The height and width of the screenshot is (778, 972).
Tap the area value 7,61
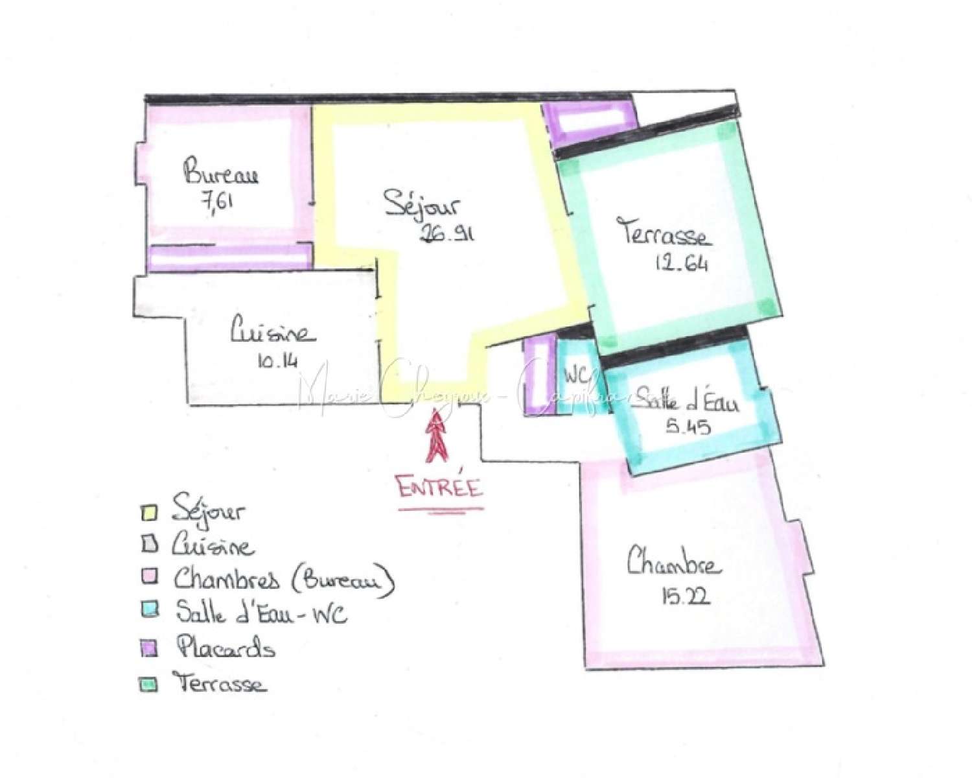point(218,201)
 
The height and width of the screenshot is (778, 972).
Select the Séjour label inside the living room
point(421,204)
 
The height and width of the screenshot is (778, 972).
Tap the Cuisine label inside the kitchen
point(273,333)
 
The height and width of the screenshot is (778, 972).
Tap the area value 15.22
point(686,595)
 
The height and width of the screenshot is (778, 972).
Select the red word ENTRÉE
point(440,486)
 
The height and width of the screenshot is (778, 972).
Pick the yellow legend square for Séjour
point(148,512)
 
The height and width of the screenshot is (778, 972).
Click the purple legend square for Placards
point(149,648)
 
